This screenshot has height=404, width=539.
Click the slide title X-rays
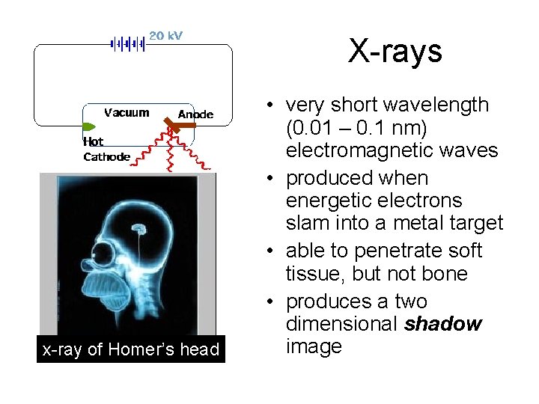pyautogui.click(x=395, y=52)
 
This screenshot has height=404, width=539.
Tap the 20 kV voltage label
pyautogui.click(x=165, y=35)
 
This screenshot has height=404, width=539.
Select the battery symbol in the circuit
pyautogui.click(x=127, y=43)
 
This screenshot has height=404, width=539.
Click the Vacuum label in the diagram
pyautogui.click(x=126, y=113)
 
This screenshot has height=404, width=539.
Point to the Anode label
pyautogui.click(x=195, y=114)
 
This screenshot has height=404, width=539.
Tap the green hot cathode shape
pyautogui.click(x=88, y=128)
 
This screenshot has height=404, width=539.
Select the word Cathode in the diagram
pyautogui.click(x=106, y=156)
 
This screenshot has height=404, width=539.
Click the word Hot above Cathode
pyautogui.click(x=94, y=141)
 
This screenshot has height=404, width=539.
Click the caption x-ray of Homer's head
pyautogui.click(x=131, y=349)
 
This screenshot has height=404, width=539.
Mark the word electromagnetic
pyautogui.click(x=358, y=150)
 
